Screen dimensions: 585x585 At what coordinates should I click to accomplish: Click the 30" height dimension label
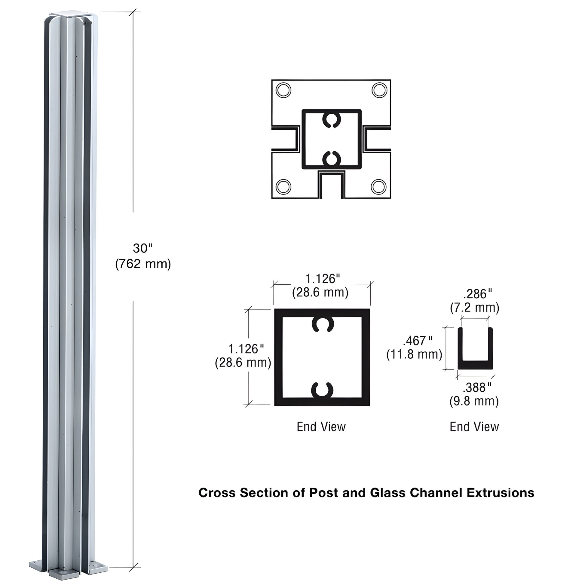click(x=142, y=248)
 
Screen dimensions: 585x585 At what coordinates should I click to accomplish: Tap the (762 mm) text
click(x=143, y=264)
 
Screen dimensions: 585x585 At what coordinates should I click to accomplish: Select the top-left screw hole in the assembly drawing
click(x=284, y=90)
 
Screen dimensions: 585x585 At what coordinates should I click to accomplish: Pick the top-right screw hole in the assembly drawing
click(x=379, y=90)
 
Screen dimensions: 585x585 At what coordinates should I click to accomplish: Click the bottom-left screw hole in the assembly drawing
click(x=284, y=186)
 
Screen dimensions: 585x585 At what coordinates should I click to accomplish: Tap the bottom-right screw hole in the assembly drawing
click(x=378, y=186)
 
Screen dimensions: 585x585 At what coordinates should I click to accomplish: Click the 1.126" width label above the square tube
click(x=322, y=279)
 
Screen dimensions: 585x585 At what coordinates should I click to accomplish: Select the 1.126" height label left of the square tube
click(x=246, y=349)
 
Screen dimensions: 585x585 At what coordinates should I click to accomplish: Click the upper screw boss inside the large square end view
click(x=323, y=325)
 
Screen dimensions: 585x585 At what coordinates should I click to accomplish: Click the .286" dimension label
click(x=477, y=294)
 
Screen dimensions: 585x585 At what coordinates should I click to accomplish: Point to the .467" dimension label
click(x=417, y=341)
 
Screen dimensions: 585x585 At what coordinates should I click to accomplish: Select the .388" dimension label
click(x=477, y=387)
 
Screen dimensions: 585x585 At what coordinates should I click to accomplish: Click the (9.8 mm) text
click(x=474, y=401)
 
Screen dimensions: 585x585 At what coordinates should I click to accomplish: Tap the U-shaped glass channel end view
click(x=475, y=363)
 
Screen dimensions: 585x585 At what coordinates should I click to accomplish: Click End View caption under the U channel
click(x=474, y=427)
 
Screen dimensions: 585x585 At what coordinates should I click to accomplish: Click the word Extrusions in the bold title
click(x=500, y=493)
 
